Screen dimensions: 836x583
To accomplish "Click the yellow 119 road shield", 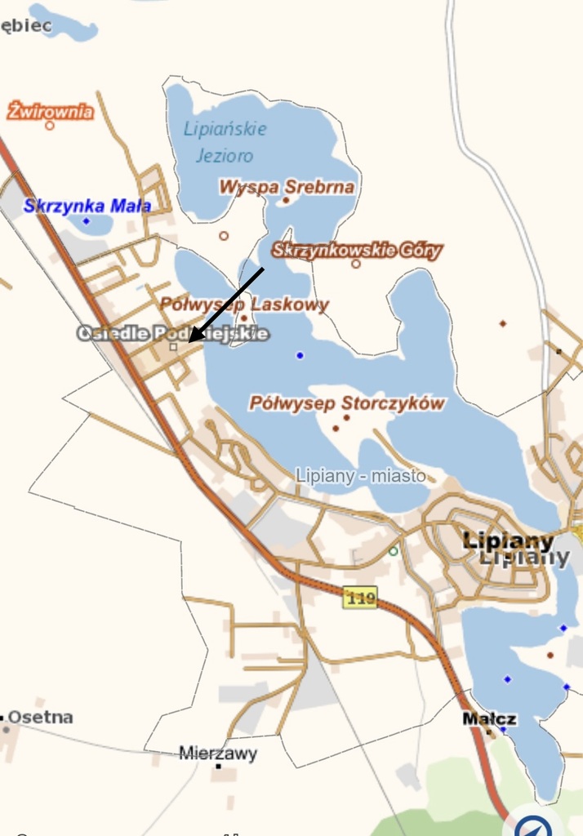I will click(360, 598).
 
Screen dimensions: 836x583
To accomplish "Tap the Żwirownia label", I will click(51, 111).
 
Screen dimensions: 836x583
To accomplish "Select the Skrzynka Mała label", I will click(87, 206).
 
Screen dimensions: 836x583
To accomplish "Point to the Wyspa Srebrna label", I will click(286, 187).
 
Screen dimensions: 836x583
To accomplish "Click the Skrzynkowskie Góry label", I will click(357, 251).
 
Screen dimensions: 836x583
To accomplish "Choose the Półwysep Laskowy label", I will click(244, 305).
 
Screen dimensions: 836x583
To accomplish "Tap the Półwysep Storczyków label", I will click(347, 403).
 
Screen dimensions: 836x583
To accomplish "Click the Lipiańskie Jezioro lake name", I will click(225, 141).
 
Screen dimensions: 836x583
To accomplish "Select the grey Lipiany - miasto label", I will click(361, 475).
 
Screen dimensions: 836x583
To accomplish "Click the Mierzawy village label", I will click(218, 754).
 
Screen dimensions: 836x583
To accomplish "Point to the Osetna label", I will click(40, 718).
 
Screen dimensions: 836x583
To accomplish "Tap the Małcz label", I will click(489, 719).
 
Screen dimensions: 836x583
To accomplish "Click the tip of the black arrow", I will click(189, 341).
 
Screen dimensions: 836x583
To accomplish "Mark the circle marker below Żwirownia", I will click(50, 126).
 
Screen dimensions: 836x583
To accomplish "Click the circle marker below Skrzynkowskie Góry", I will click(356, 264).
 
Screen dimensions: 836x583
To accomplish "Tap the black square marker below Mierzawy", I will click(219, 767).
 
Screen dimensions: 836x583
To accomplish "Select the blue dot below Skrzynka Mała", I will click(86, 221).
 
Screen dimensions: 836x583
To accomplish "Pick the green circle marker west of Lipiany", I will click(394, 551).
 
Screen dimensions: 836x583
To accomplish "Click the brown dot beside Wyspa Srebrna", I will click(286, 199).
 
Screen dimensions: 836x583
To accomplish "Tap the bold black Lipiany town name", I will click(508, 540).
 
